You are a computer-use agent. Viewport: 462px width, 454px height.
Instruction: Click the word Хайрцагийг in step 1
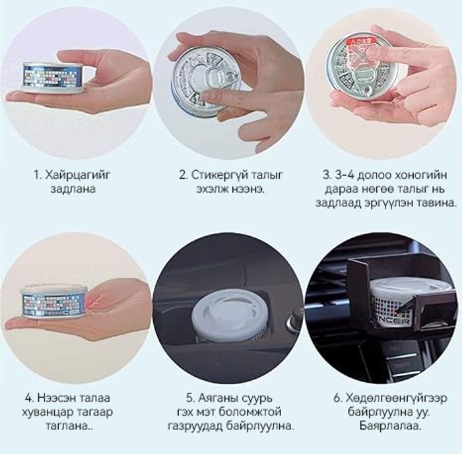(78, 175)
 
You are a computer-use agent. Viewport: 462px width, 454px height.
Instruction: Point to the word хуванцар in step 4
(47, 412)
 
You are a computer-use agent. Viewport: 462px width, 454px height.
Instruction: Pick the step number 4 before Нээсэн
(28, 398)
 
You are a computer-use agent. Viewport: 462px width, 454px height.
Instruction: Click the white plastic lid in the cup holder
(225, 314)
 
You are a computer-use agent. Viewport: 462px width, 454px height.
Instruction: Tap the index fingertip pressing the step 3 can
(373, 53)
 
